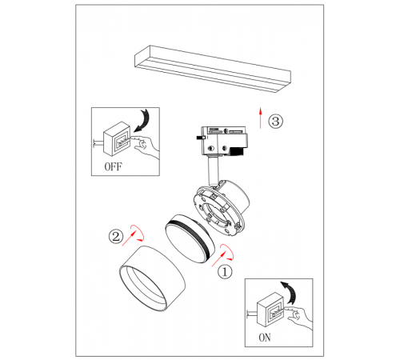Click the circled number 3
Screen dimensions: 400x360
click(275, 122)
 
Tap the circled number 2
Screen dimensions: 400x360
click(116, 236)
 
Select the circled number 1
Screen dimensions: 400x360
click(225, 272)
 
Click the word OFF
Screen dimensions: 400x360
click(113, 166)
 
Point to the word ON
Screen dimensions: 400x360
click(265, 338)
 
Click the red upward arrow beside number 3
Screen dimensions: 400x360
click(261, 118)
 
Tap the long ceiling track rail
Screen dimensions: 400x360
click(213, 70)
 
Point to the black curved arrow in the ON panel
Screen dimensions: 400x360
click(290, 292)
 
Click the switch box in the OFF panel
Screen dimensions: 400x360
click(117, 138)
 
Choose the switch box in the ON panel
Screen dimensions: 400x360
click(270, 310)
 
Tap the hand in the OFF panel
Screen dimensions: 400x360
click(146, 146)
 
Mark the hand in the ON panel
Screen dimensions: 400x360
click(298, 318)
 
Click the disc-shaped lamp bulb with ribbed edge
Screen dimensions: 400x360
click(190, 238)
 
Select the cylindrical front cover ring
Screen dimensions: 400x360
click(152, 278)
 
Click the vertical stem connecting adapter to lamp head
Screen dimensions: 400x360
click(213, 170)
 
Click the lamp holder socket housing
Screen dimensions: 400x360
click(222, 208)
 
